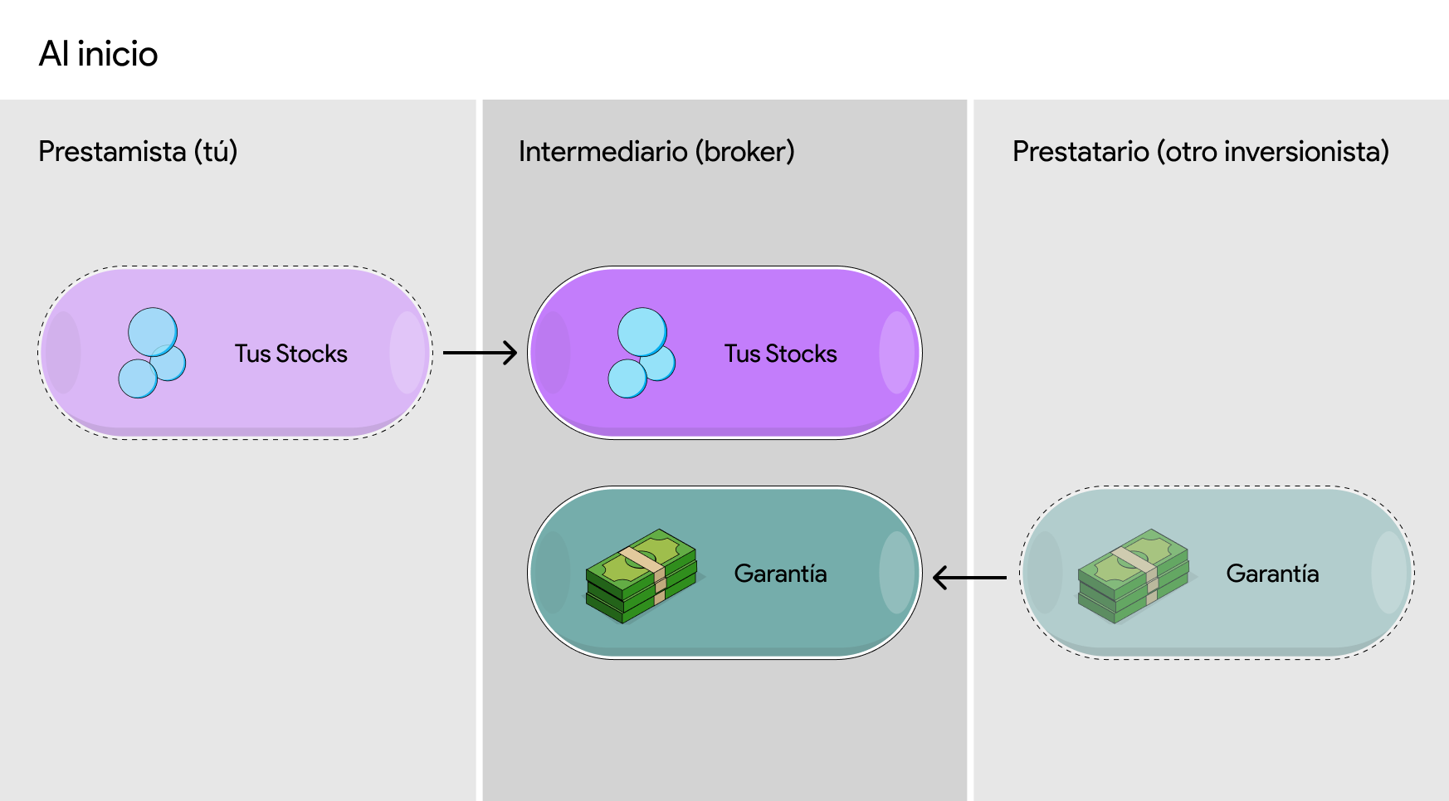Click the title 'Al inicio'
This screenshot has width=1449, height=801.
point(98,54)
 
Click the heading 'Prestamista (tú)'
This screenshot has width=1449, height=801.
point(138,152)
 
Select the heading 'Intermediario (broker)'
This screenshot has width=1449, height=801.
point(656,152)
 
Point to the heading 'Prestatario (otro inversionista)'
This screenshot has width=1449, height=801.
point(1200,152)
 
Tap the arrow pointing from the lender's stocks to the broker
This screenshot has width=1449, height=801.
point(480,353)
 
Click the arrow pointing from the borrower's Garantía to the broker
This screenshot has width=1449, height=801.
point(969,577)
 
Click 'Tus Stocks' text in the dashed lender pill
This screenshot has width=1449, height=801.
point(290,354)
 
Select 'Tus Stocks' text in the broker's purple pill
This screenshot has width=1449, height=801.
point(780,354)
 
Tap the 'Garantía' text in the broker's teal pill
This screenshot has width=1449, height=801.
point(780,574)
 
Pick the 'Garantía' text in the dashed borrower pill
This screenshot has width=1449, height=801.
point(1272,574)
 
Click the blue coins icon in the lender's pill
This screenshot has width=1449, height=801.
point(152,353)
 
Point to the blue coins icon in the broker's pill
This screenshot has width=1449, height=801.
point(642,353)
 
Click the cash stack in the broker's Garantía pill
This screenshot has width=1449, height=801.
point(642,576)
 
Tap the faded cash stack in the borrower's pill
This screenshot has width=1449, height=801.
point(1134,576)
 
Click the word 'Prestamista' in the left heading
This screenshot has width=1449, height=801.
point(112,152)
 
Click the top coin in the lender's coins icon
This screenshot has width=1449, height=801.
point(153,332)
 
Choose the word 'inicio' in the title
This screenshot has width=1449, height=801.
point(117,54)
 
